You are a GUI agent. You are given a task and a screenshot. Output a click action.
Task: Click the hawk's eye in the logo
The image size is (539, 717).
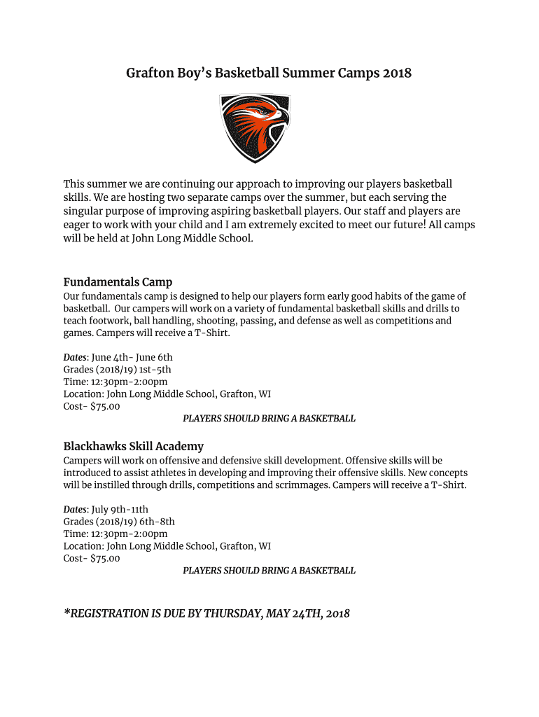(x=263, y=111)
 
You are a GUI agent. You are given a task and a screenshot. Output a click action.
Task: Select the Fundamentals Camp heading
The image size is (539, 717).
(x=118, y=282)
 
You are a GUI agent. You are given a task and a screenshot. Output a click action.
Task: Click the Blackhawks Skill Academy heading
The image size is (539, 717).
(x=134, y=446)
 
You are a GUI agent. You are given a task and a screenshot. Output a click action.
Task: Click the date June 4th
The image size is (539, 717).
(x=111, y=357)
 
